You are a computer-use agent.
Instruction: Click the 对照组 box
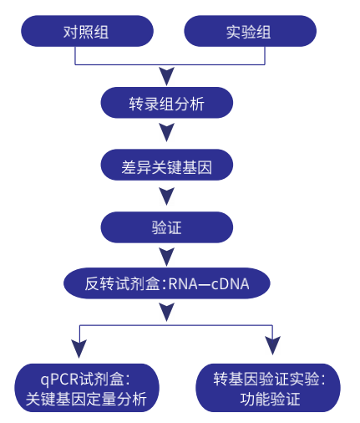click(87, 31)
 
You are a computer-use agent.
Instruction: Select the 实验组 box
click(250, 31)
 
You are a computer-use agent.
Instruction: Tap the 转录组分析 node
click(166, 103)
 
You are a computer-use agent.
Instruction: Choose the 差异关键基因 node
click(166, 165)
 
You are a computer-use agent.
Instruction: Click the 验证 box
click(166, 227)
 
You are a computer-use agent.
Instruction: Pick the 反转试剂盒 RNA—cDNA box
click(167, 283)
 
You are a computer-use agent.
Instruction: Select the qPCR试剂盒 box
click(87, 388)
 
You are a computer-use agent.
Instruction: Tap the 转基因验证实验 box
click(268, 388)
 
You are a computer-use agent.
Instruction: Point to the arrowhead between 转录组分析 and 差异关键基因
click(166, 132)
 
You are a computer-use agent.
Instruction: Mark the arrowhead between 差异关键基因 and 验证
click(166, 196)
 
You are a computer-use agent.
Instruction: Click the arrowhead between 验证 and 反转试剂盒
click(166, 257)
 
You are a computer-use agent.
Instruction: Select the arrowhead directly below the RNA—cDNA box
click(166, 312)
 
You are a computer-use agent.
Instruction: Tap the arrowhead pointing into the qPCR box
click(79, 349)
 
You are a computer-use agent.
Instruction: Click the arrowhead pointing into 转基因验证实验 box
click(272, 345)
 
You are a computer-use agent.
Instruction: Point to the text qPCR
click(60, 380)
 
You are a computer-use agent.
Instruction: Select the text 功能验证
click(270, 399)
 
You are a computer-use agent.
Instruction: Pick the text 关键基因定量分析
click(86, 399)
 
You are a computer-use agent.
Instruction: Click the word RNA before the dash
click(183, 284)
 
